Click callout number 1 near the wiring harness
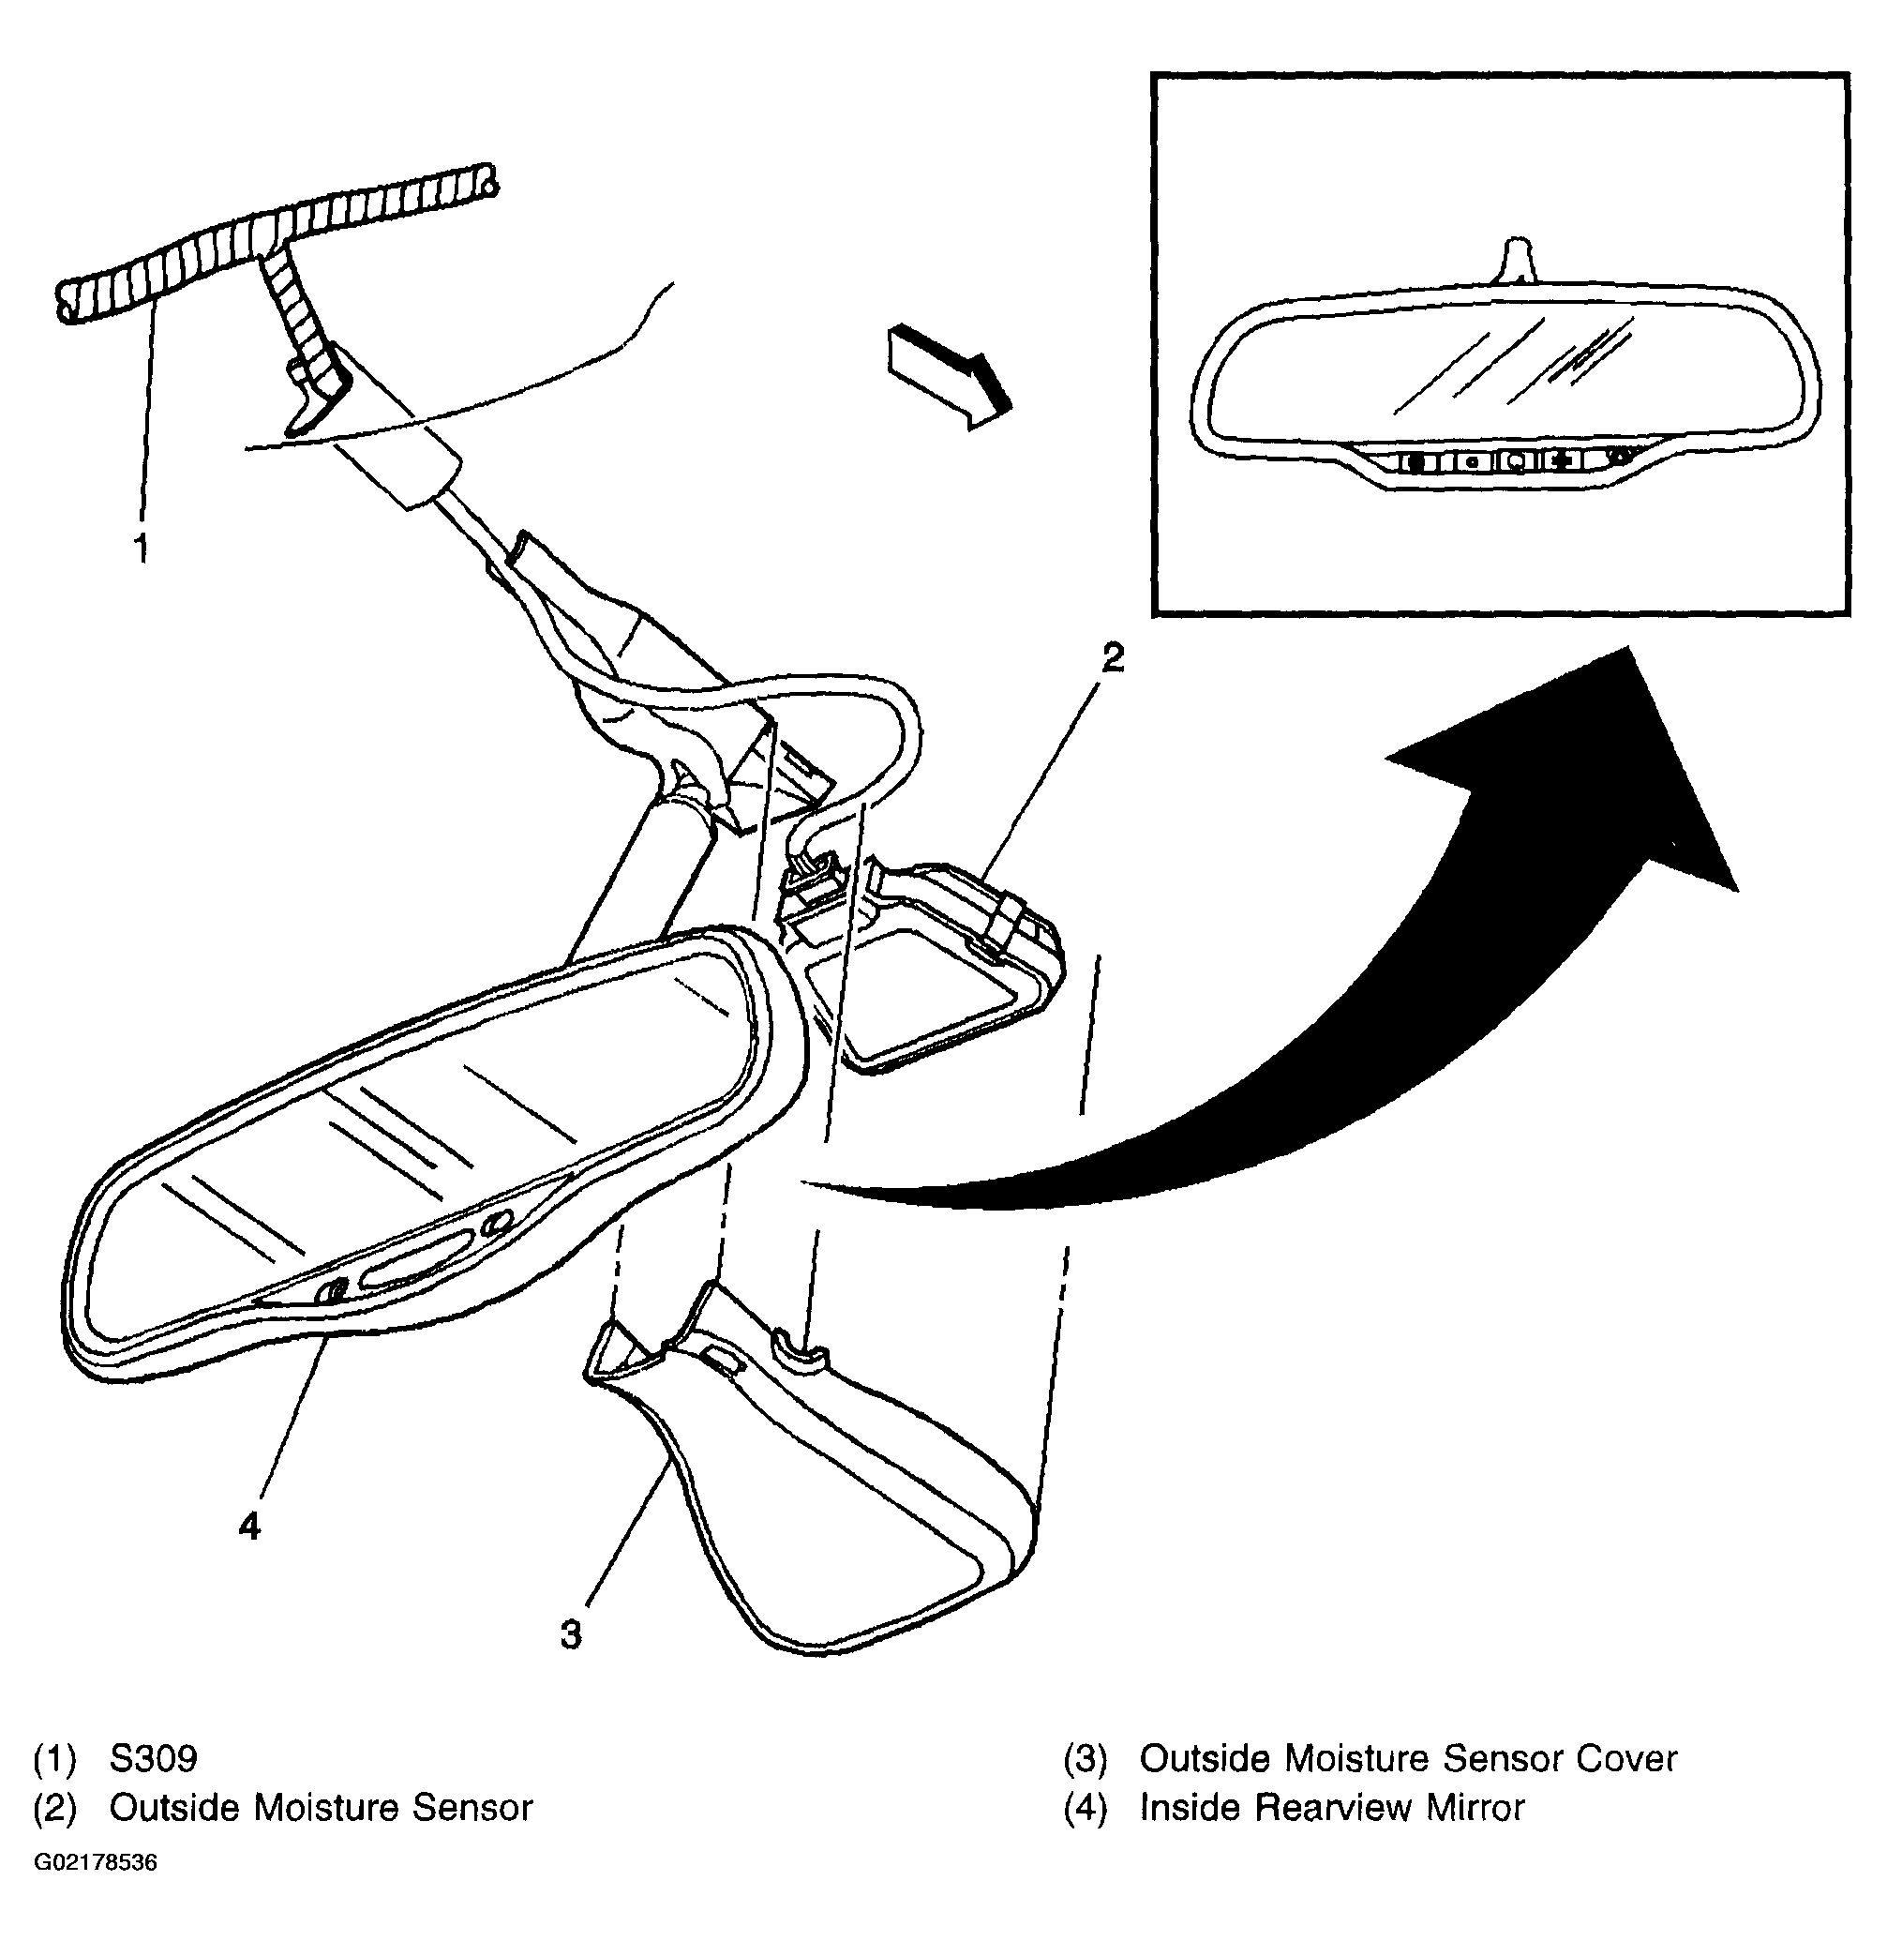coord(142,547)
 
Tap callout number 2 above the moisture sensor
coord(1113,657)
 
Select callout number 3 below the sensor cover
coord(571,1633)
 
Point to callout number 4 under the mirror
coord(249,1526)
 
